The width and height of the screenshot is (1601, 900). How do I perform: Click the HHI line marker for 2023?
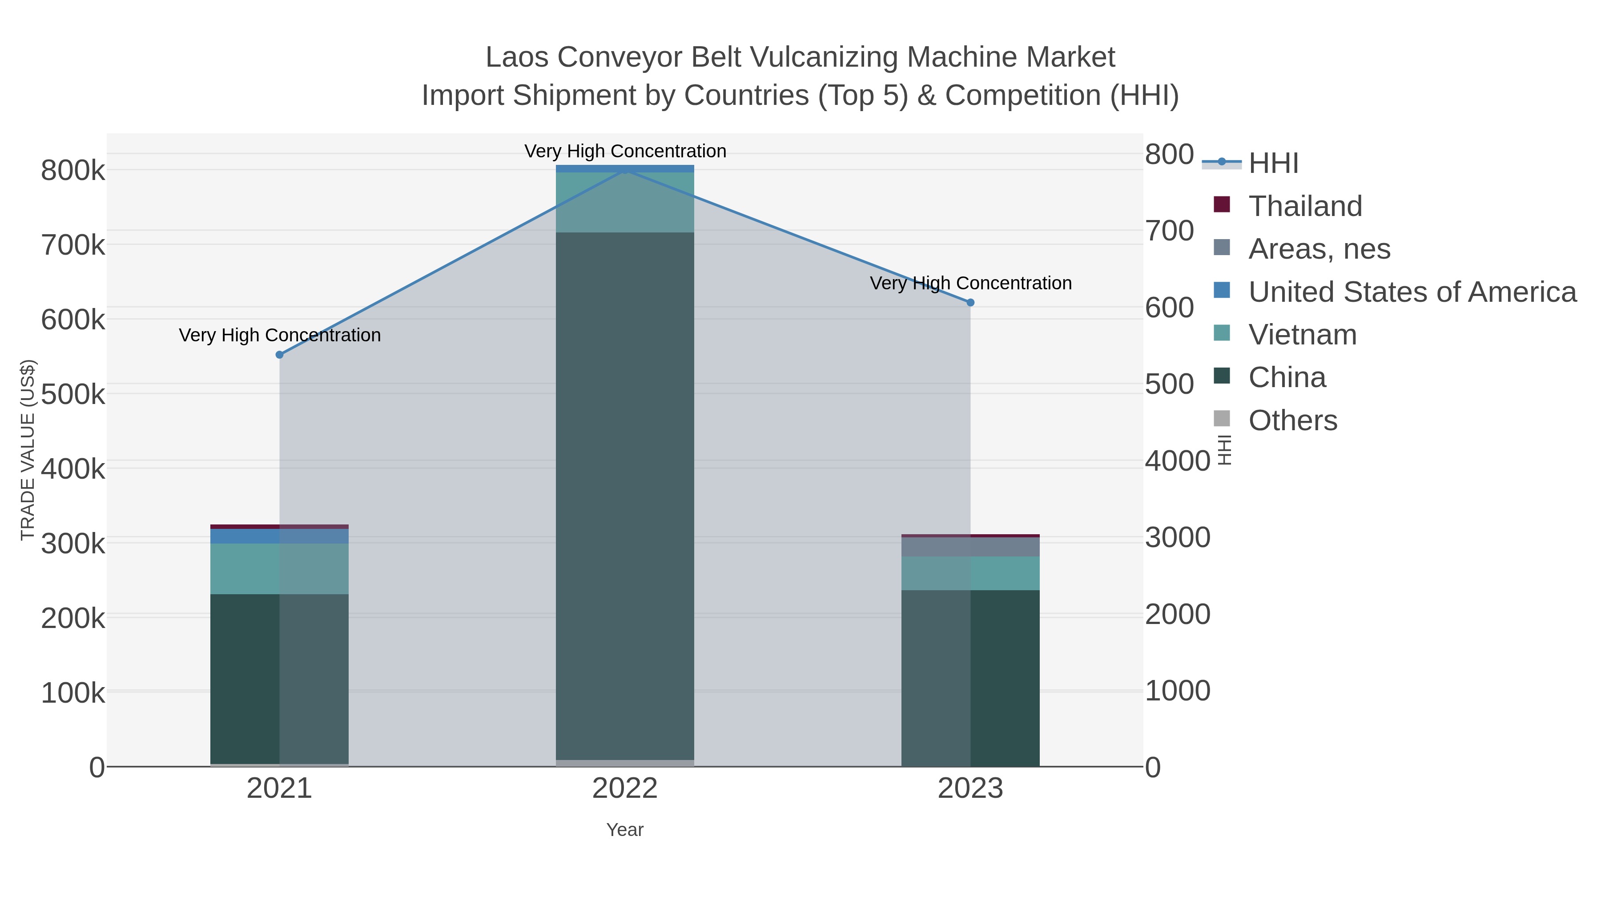click(x=970, y=303)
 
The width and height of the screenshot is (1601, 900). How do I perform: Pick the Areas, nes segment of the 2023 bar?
click(x=970, y=547)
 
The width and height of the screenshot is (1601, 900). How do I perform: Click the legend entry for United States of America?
click(x=1411, y=292)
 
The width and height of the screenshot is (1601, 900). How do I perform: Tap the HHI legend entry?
click(x=1273, y=164)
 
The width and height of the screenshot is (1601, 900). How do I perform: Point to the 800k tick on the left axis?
click(x=73, y=171)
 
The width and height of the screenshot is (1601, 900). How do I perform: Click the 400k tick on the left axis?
click(x=73, y=469)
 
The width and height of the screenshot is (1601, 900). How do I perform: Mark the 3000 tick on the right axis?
click(x=1177, y=538)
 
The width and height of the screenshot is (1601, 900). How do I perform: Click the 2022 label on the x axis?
click(x=625, y=789)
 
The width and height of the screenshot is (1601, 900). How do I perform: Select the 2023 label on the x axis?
click(x=970, y=789)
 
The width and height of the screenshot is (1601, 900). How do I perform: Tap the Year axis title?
click(x=625, y=830)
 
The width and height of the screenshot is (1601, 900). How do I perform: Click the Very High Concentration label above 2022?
click(x=625, y=151)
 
